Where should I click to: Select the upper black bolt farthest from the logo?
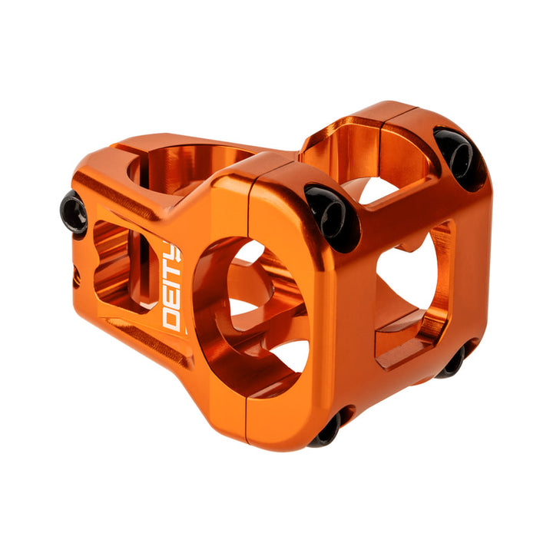459,157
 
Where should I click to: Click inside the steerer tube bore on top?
184,165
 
